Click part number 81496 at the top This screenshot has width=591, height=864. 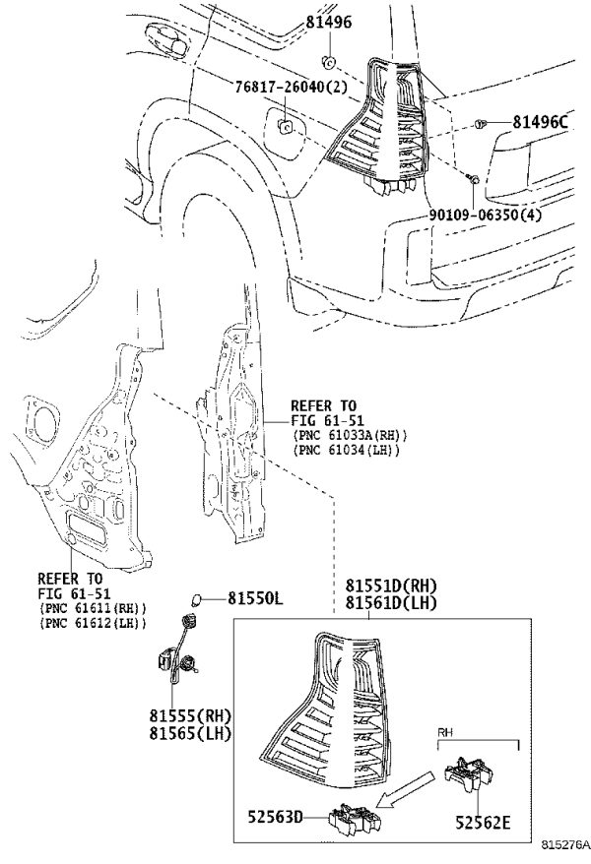(329, 22)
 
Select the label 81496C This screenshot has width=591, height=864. (541, 122)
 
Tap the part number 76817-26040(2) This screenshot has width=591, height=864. (292, 87)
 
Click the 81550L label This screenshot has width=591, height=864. (255, 598)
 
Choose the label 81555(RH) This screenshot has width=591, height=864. (190, 715)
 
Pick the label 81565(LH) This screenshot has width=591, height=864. (190, 733)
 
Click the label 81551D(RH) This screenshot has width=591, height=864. (391, 586)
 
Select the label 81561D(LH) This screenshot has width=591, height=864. (391, 603)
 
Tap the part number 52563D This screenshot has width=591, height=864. (275, 817)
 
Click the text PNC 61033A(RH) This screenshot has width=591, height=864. (350, 435)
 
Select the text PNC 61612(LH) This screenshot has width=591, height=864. (93, 623)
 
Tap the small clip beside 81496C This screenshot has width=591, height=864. (480, 124)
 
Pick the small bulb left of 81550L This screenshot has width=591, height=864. (196, 598)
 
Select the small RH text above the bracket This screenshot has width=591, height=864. (445, 732)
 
